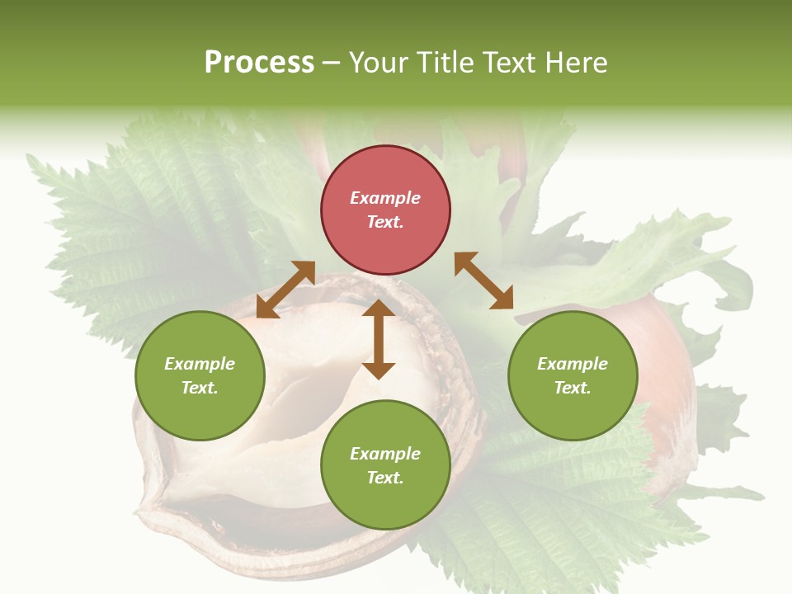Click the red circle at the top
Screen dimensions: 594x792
pyautogui.click(x=385, y=210)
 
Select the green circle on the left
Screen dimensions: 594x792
pyautogui.click(x=200, y=376)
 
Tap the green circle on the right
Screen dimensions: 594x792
pyautogui.click(x=573, y=376)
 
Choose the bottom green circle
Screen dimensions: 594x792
pyautogui.click(x=385, y=465)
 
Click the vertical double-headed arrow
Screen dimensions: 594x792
pyautogui.click(x=379, y=339)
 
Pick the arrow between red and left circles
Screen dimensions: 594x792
pyautogui.click(x=285, y=289)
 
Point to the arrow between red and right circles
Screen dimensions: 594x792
pyautogui.click(x=484, y=280)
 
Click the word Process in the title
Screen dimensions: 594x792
pyautogui.click(x=259, y=63)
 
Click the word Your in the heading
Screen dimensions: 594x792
pyautogui.click(x=379, y=63)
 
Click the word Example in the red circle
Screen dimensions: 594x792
pyautogui.click(x=385, y=198)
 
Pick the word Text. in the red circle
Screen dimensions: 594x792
pyautogui.click(x=385, y=222)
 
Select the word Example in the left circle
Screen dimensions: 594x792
pyautogui.click(x=200, y=364)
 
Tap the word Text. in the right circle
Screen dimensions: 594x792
pyautogui.click(x=573, y=388)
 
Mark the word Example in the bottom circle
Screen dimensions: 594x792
pyautogui.click(x=385, y=454)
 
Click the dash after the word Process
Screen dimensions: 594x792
pyautogui.click(x=332, y=64)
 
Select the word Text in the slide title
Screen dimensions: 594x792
pyautogui.click(x=508, y=63)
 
